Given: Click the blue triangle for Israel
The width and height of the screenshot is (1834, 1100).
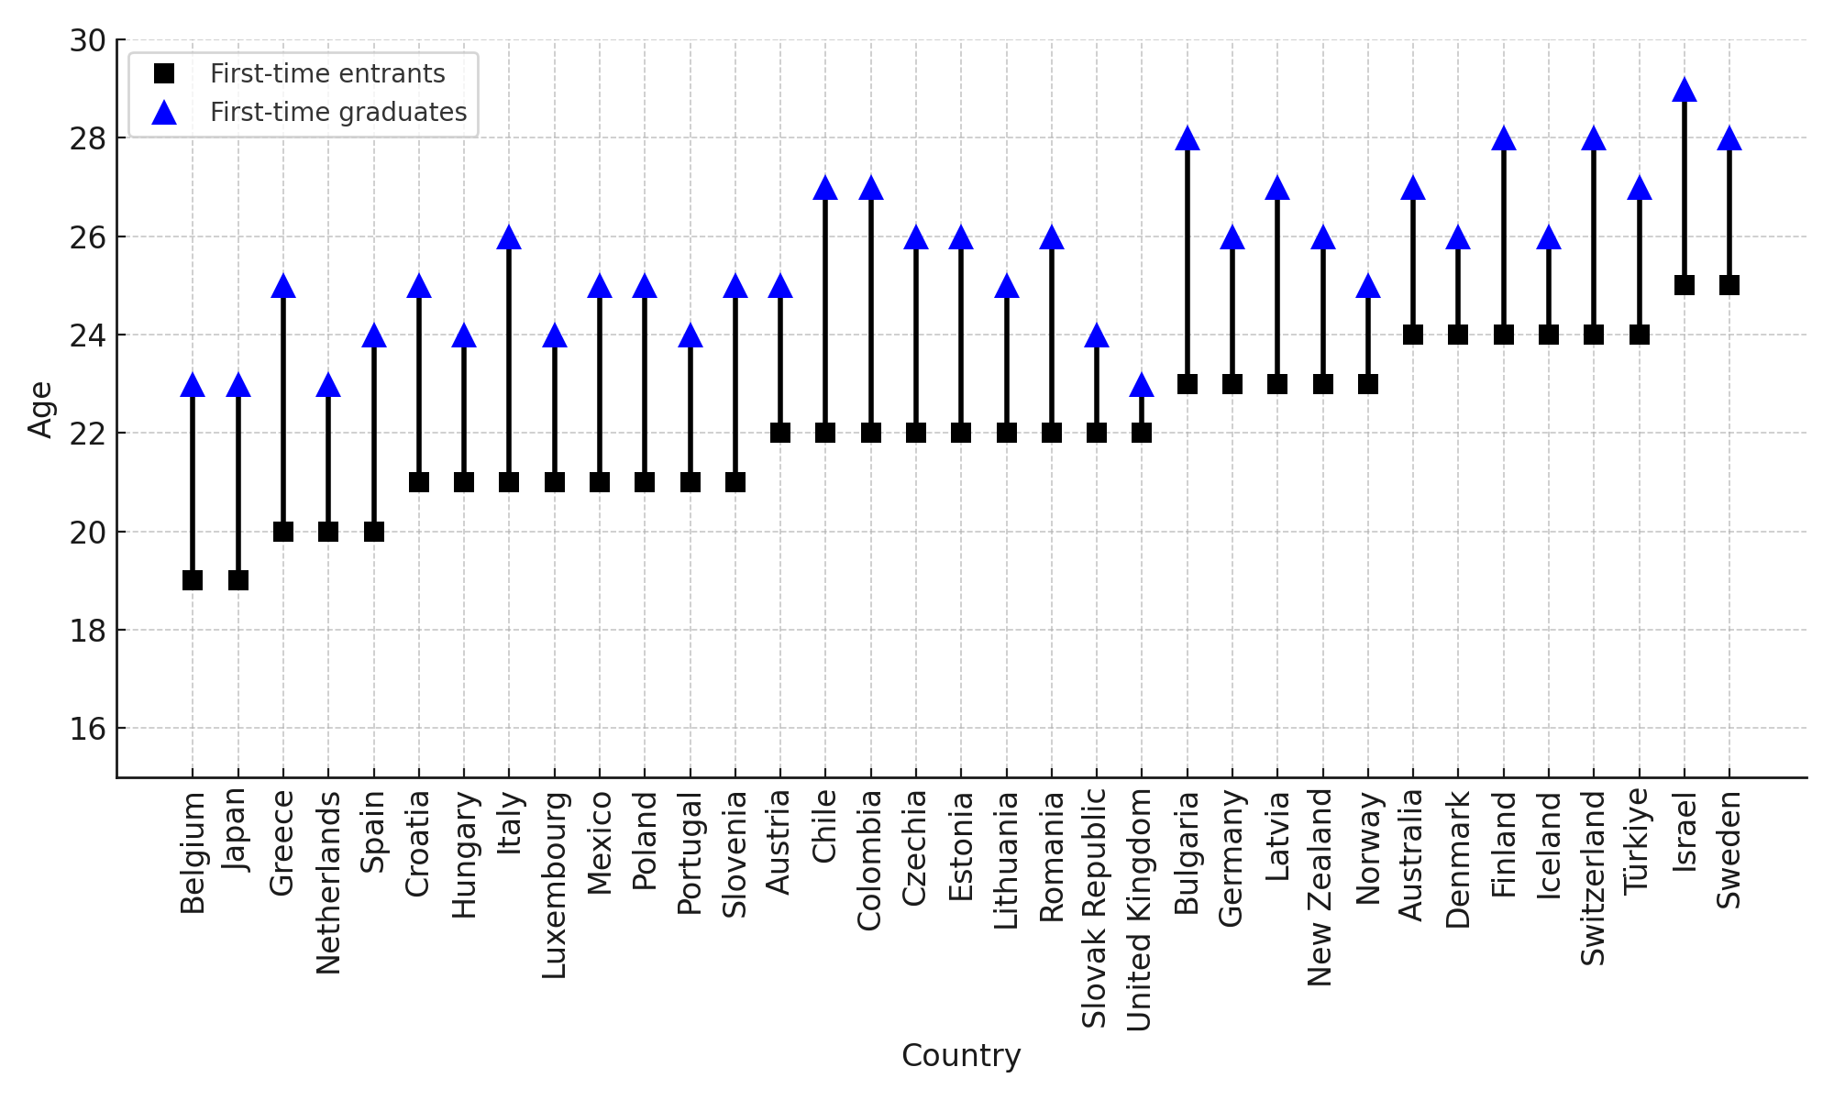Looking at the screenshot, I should click(x=1685, y=90).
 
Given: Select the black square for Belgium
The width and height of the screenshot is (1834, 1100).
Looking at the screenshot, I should click(x=193, y=580).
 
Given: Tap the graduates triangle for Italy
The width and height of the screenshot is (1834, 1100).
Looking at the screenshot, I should click(x=509, y=237).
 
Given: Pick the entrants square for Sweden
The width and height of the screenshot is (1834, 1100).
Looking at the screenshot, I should click(x=1729, y=285).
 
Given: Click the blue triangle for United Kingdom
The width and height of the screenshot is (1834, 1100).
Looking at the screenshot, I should click(x=1142, y=385).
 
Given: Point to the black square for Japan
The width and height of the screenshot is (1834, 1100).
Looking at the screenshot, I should click(x=238, y=580).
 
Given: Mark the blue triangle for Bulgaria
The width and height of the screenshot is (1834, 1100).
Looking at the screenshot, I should click(x=1188, y=139).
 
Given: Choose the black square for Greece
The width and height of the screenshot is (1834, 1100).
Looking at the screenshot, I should click(x=283, y=532).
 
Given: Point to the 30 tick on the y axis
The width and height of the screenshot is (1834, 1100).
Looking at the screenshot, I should click(x=88, y=40).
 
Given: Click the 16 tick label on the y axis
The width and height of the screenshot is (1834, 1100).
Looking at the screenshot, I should click(x=88, y=729).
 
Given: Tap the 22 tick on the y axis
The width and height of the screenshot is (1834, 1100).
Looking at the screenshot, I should click(x=88, y=434).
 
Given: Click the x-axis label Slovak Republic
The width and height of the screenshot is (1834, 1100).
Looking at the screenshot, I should click(x=1096, y=908).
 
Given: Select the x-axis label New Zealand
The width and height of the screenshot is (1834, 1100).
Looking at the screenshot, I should click(x=1321, y=887).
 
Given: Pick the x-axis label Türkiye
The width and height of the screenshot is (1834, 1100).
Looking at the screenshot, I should click(x=1638, y=841).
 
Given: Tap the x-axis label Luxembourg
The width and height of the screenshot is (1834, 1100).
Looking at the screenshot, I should click(x=554, y=884).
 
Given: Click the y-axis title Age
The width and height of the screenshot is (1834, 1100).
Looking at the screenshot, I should click(x=40, y=409).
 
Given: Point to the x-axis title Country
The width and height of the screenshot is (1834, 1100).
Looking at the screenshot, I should click(x=961, y=1056).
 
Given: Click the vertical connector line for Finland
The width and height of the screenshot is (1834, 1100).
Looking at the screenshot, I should click(x=1504, y=238).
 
